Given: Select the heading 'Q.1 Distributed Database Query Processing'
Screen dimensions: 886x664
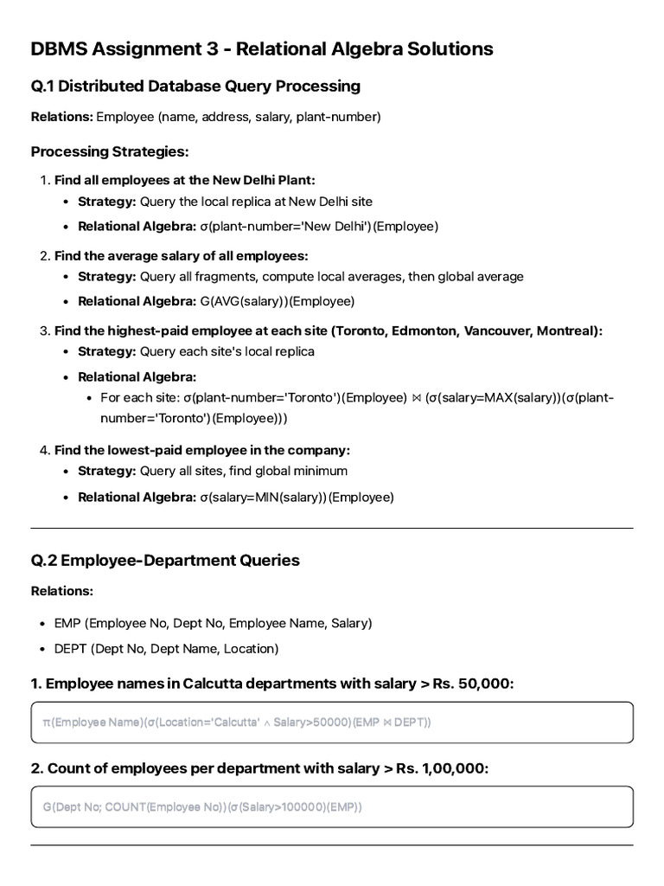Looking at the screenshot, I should pos(195,86).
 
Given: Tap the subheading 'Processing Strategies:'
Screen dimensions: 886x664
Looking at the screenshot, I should pos(110,151).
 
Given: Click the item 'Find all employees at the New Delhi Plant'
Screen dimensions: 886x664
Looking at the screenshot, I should pos(185,180).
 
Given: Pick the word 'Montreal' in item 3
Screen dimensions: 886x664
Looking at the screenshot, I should pos(565,331).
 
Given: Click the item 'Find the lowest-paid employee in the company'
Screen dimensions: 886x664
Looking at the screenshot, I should pos(202,450).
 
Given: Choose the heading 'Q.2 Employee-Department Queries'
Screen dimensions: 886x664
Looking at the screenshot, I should pos(165,560).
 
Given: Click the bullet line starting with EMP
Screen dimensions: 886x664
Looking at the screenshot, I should pos(213,623).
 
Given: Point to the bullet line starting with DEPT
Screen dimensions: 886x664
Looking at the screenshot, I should pos(166,648).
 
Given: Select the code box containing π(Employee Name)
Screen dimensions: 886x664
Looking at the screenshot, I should pos(332,722).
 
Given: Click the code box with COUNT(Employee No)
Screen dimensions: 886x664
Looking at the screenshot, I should pos(332,807).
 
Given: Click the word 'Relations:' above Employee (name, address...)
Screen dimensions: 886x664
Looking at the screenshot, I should pos(61,116).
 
